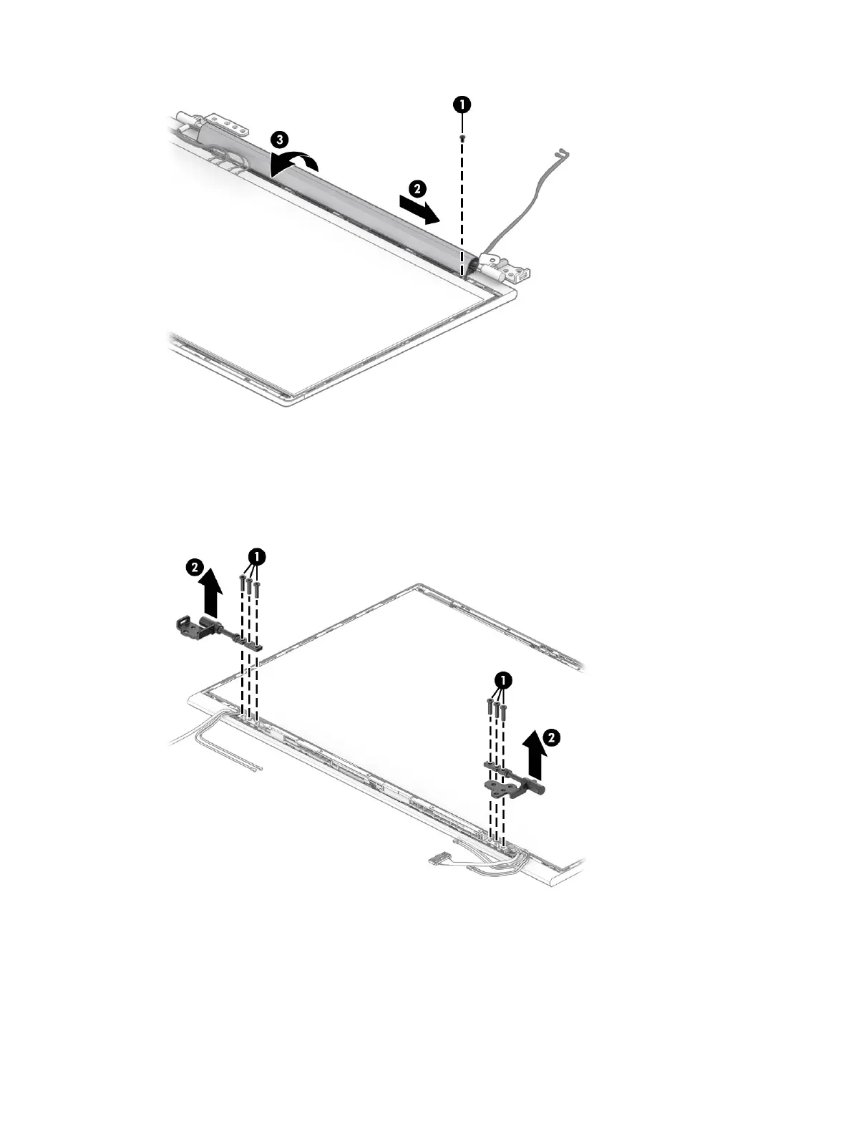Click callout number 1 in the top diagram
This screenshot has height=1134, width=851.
[x=462, y=104]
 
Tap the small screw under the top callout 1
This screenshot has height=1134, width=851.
[x=462, y=137]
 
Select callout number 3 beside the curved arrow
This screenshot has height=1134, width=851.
[x=281, y=138]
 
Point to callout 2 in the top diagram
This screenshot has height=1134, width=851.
[x=417, y=189]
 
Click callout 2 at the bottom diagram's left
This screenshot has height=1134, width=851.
[x=193, y=567]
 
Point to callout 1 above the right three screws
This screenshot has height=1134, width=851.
[x=504, y=679]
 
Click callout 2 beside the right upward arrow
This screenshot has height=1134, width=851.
[x=551, y=735]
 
